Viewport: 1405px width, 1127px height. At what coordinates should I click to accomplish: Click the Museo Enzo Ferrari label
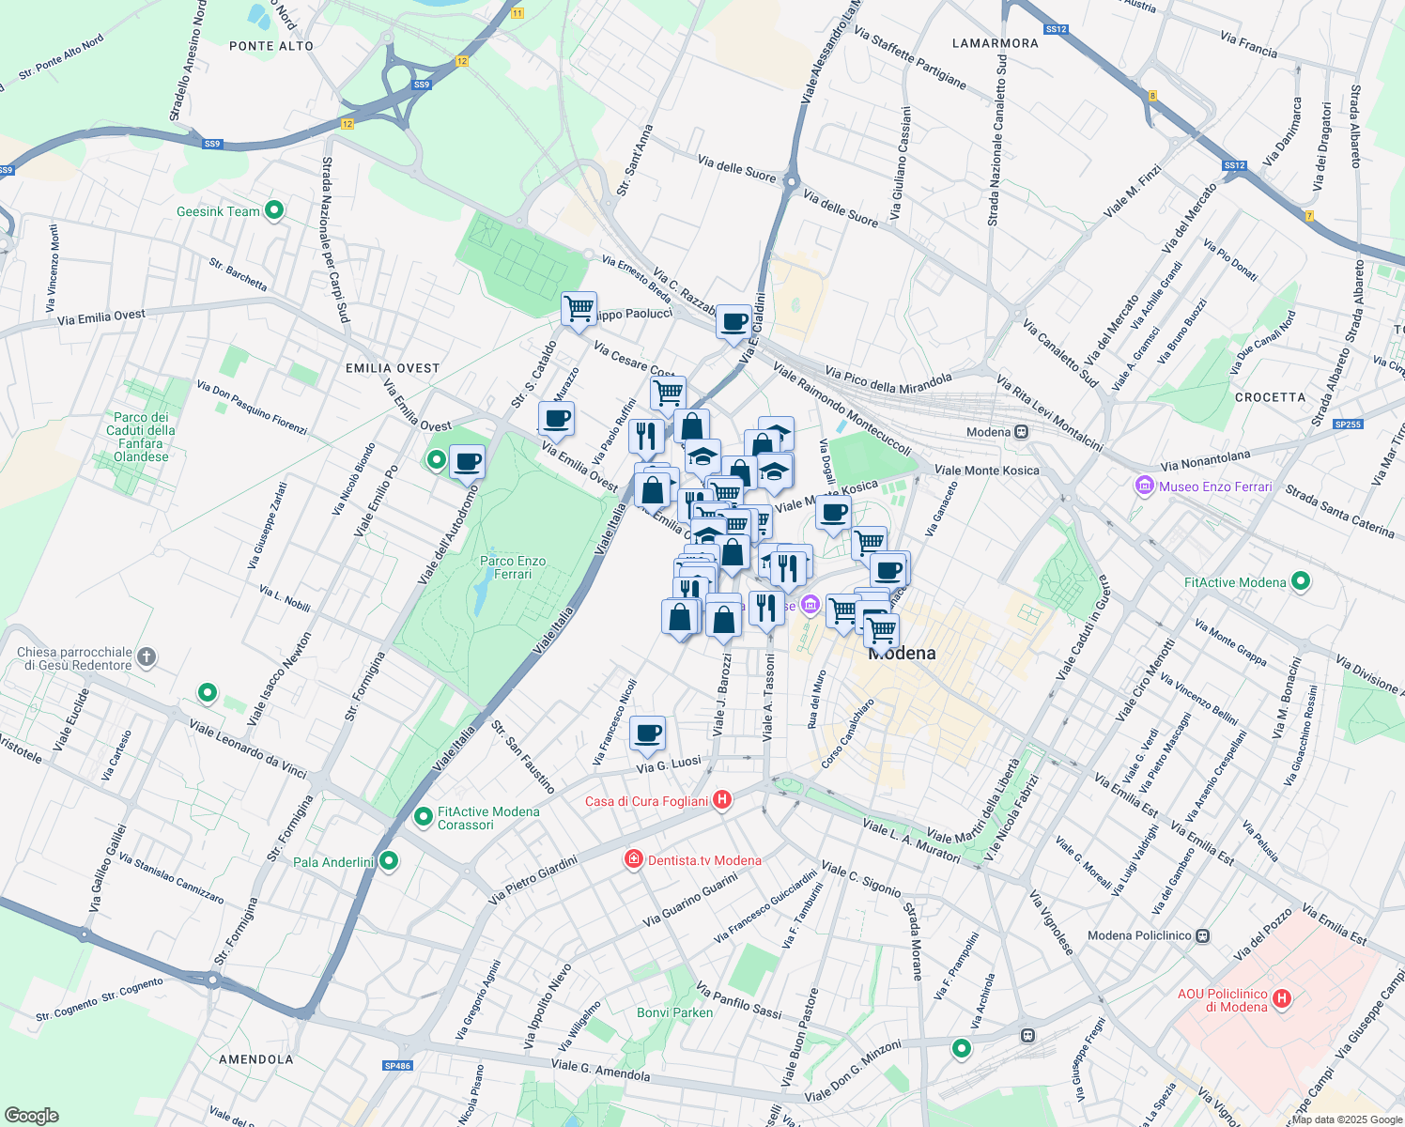coord(1214,486)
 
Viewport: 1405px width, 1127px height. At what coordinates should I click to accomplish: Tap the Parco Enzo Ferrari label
coord(512,567)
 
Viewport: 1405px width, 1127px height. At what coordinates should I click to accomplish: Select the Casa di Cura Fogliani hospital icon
coord(722,800)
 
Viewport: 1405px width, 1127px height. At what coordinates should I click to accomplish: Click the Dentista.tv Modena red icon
coord(634,859)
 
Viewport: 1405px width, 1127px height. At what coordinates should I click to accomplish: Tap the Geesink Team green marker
coord(274,210)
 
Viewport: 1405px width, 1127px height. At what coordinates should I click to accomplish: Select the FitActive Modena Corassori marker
coord(423,817)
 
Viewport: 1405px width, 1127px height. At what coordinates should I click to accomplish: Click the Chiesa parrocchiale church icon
coord(146,657)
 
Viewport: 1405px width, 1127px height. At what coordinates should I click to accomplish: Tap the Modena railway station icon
coord(1022,432)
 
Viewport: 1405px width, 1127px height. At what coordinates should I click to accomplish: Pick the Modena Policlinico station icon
coord(1203,935)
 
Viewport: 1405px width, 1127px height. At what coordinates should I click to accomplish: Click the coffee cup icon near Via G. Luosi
coord(646,733)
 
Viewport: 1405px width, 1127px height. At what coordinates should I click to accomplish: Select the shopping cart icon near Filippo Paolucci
coord(579,308)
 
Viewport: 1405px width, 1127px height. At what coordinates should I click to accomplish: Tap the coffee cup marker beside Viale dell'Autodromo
coord(467,462)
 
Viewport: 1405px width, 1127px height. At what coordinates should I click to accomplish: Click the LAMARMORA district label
coord(995,43)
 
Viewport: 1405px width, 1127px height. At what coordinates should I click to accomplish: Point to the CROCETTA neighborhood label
coord(1270,397)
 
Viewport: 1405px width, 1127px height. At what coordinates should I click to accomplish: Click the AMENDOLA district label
coord(255,1058)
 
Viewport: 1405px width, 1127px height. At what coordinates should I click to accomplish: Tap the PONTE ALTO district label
coord(271,45)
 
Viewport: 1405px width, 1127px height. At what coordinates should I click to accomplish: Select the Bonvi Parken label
coord(674,1012)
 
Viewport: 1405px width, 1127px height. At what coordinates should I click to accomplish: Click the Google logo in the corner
coord(31,1116)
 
